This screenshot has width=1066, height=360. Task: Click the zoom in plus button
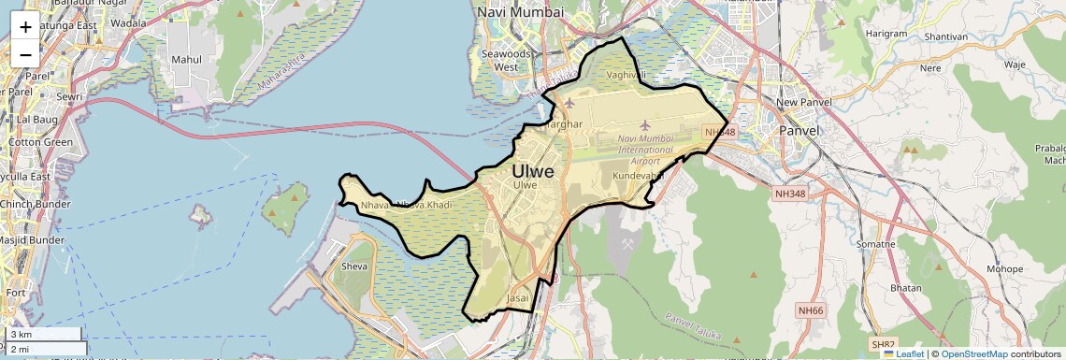click(25, 27)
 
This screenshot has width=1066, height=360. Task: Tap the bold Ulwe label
click(532, 172)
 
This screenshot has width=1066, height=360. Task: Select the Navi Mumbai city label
click(520, 12)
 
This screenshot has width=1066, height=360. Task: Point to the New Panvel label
click(798, 102)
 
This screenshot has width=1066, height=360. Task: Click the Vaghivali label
click(627, 74)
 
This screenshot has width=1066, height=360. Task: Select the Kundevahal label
click(638, 176)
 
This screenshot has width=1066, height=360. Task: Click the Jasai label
click(517, 298)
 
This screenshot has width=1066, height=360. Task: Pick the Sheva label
click(355, 266)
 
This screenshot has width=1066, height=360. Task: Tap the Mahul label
click(187, 59)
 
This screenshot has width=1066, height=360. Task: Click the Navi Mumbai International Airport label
click(645, 150)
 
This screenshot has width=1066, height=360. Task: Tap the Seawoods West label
click(506, 61)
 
